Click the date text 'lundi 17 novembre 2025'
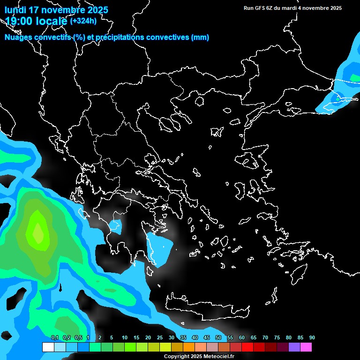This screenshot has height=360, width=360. tap(56, 10)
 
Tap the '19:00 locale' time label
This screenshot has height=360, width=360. tap(36, 21)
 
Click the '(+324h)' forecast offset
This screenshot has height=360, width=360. tap(83, 21)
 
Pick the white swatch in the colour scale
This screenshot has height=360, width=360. tap(48, 347)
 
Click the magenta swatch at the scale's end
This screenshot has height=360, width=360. tap(306, 347)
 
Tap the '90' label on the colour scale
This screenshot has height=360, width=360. tap(312, 338)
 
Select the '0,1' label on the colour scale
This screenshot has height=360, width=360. tap(55, 338)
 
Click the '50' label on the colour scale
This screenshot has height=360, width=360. tap(218, 338)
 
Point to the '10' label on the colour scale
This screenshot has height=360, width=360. tap(125, 338)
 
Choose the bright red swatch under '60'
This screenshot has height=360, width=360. tap(247, 347)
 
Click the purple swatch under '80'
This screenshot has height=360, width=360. tap(294, 347)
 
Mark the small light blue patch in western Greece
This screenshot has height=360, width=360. tap(114, 226)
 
